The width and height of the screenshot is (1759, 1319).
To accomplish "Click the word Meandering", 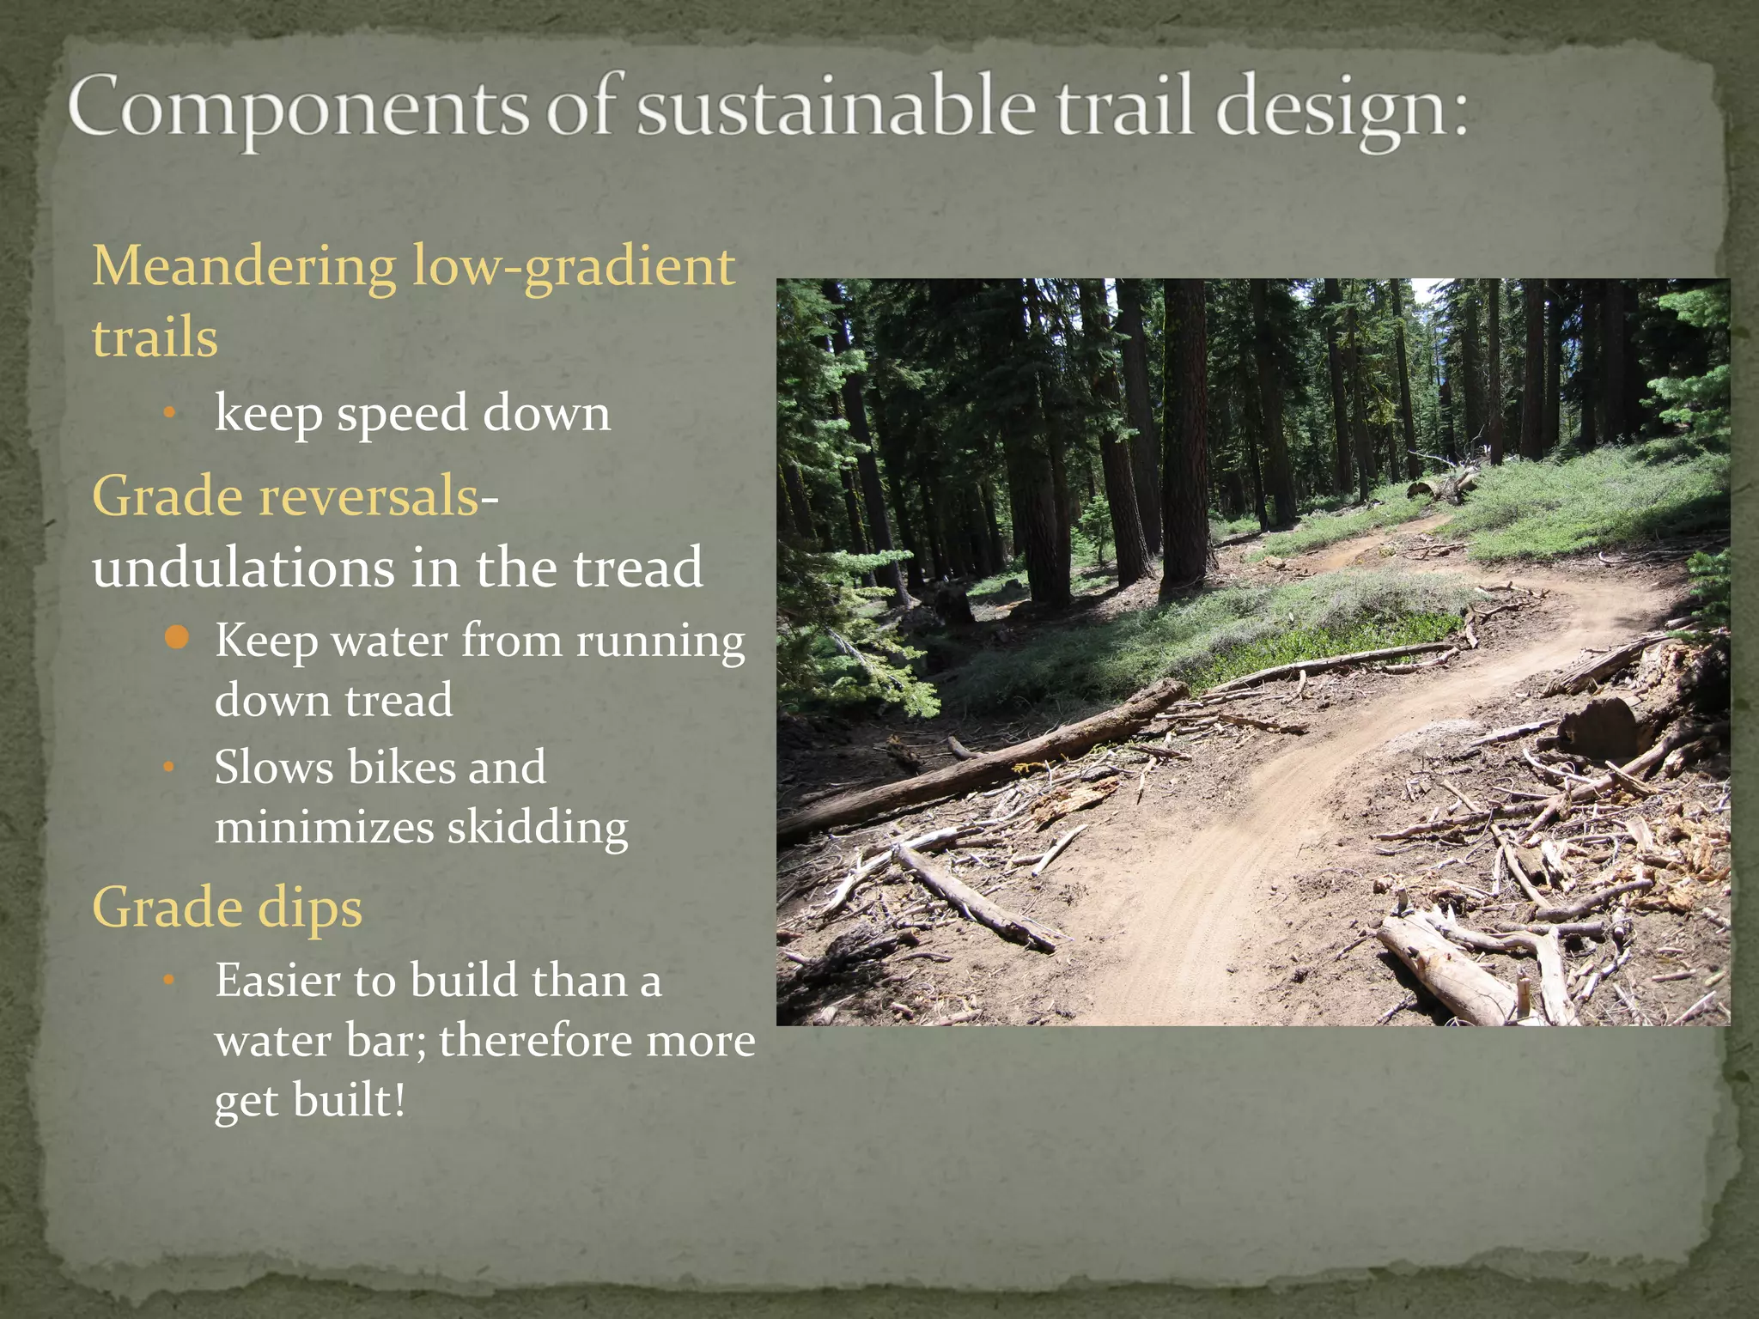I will tap(244, 267).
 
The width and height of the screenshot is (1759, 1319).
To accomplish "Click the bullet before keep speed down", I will tap(170, 414).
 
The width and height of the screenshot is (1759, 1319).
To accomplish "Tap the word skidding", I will tap(538, 829).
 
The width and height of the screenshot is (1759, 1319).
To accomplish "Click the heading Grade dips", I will tap(227, 909).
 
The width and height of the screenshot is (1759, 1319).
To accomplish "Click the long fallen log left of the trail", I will tap(988, 764).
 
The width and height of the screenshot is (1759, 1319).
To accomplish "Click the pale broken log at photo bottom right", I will tap(1452, 970).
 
